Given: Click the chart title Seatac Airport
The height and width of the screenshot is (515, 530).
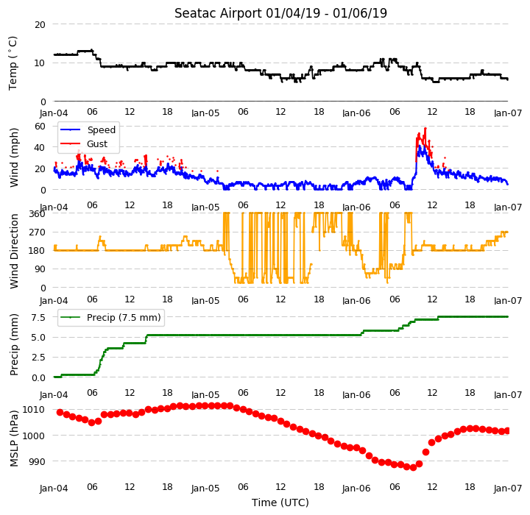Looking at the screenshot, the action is pos(218,13).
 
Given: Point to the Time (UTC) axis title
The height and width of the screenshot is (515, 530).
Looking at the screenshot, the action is pos(280,502).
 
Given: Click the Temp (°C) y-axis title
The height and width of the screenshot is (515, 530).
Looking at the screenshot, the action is pos(13,63).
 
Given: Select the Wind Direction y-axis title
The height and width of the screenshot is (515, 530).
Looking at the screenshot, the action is pos(14,251).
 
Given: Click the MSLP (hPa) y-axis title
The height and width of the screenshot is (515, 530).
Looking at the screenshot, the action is pos(14,438).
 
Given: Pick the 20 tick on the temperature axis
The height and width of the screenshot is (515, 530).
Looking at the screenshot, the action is pos(40,25).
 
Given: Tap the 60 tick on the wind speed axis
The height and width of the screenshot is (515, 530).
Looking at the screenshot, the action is pos(40,127).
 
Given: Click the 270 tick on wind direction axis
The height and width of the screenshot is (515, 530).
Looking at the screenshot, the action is pos(38,232).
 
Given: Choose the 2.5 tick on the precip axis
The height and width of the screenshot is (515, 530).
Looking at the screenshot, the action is pos(38,357).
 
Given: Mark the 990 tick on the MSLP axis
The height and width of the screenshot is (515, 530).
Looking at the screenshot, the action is pos(37,461).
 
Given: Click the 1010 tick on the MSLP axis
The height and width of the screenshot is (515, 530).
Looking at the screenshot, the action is pos(34,410).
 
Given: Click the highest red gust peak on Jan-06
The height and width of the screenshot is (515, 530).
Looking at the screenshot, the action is pos(425,129).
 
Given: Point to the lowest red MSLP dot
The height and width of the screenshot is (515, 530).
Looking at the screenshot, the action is pos(413,468).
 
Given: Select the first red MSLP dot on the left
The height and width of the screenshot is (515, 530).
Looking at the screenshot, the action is pos(60,412).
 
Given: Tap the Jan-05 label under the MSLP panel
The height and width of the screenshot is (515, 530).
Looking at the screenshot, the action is pos(205,489).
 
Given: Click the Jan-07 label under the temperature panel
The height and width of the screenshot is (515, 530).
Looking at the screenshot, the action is pos(508,113).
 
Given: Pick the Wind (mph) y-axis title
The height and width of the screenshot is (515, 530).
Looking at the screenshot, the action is pos(14,158).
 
